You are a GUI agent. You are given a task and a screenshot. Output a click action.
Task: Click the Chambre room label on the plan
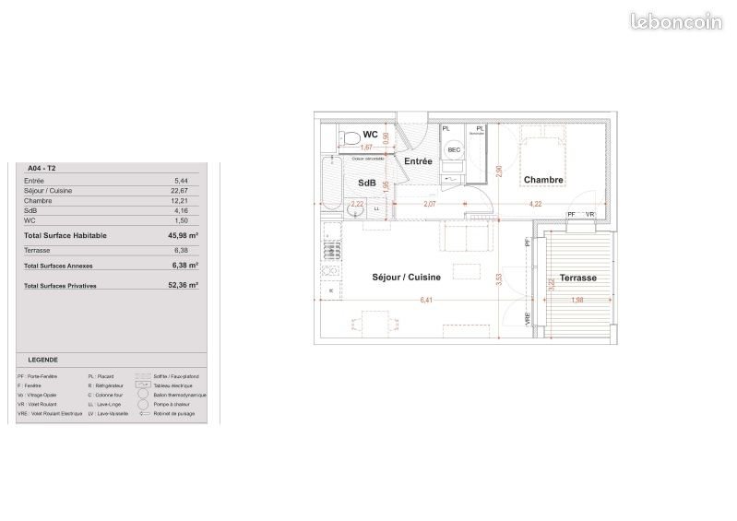point(543,180)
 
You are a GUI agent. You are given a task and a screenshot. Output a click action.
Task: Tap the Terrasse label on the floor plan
point(577,278)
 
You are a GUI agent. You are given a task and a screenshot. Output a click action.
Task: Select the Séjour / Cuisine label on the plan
point(406,277)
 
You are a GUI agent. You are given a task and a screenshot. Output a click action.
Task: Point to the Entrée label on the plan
point(418,161)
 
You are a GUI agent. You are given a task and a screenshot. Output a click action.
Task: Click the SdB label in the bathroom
point(366,184)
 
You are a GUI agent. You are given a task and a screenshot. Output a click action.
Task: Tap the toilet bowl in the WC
point(348,137)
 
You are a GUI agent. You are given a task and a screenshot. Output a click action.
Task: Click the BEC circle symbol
point(454,149)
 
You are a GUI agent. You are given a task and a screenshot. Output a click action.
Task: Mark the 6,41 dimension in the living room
point(425,300)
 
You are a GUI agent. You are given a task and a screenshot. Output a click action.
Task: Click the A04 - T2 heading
point(42,169)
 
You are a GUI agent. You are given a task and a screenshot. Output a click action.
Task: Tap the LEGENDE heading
point(42,360)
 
